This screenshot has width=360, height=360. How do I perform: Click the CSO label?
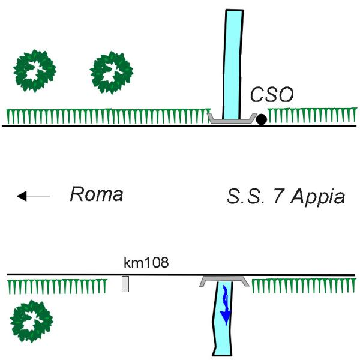pos(272,94)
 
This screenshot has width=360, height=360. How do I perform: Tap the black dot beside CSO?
pos(261,119)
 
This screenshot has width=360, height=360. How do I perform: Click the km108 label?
pos(146,262)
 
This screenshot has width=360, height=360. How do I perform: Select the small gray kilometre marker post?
pos(125,284)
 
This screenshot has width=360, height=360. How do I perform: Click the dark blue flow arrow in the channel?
pos(226,306)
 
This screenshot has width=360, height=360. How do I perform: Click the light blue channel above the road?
pos(233,65)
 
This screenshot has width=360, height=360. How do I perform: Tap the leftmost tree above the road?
pos(35,71)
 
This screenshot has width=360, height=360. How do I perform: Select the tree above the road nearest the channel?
pos(112,73)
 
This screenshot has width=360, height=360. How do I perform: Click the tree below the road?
pos(31,321)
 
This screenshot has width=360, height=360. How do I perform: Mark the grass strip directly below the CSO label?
pos(312,115)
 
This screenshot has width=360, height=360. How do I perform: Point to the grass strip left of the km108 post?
pos(57,287)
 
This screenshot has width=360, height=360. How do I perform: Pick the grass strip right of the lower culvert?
pos(304,286)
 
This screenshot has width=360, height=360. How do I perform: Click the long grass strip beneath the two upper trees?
pos(109,116)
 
